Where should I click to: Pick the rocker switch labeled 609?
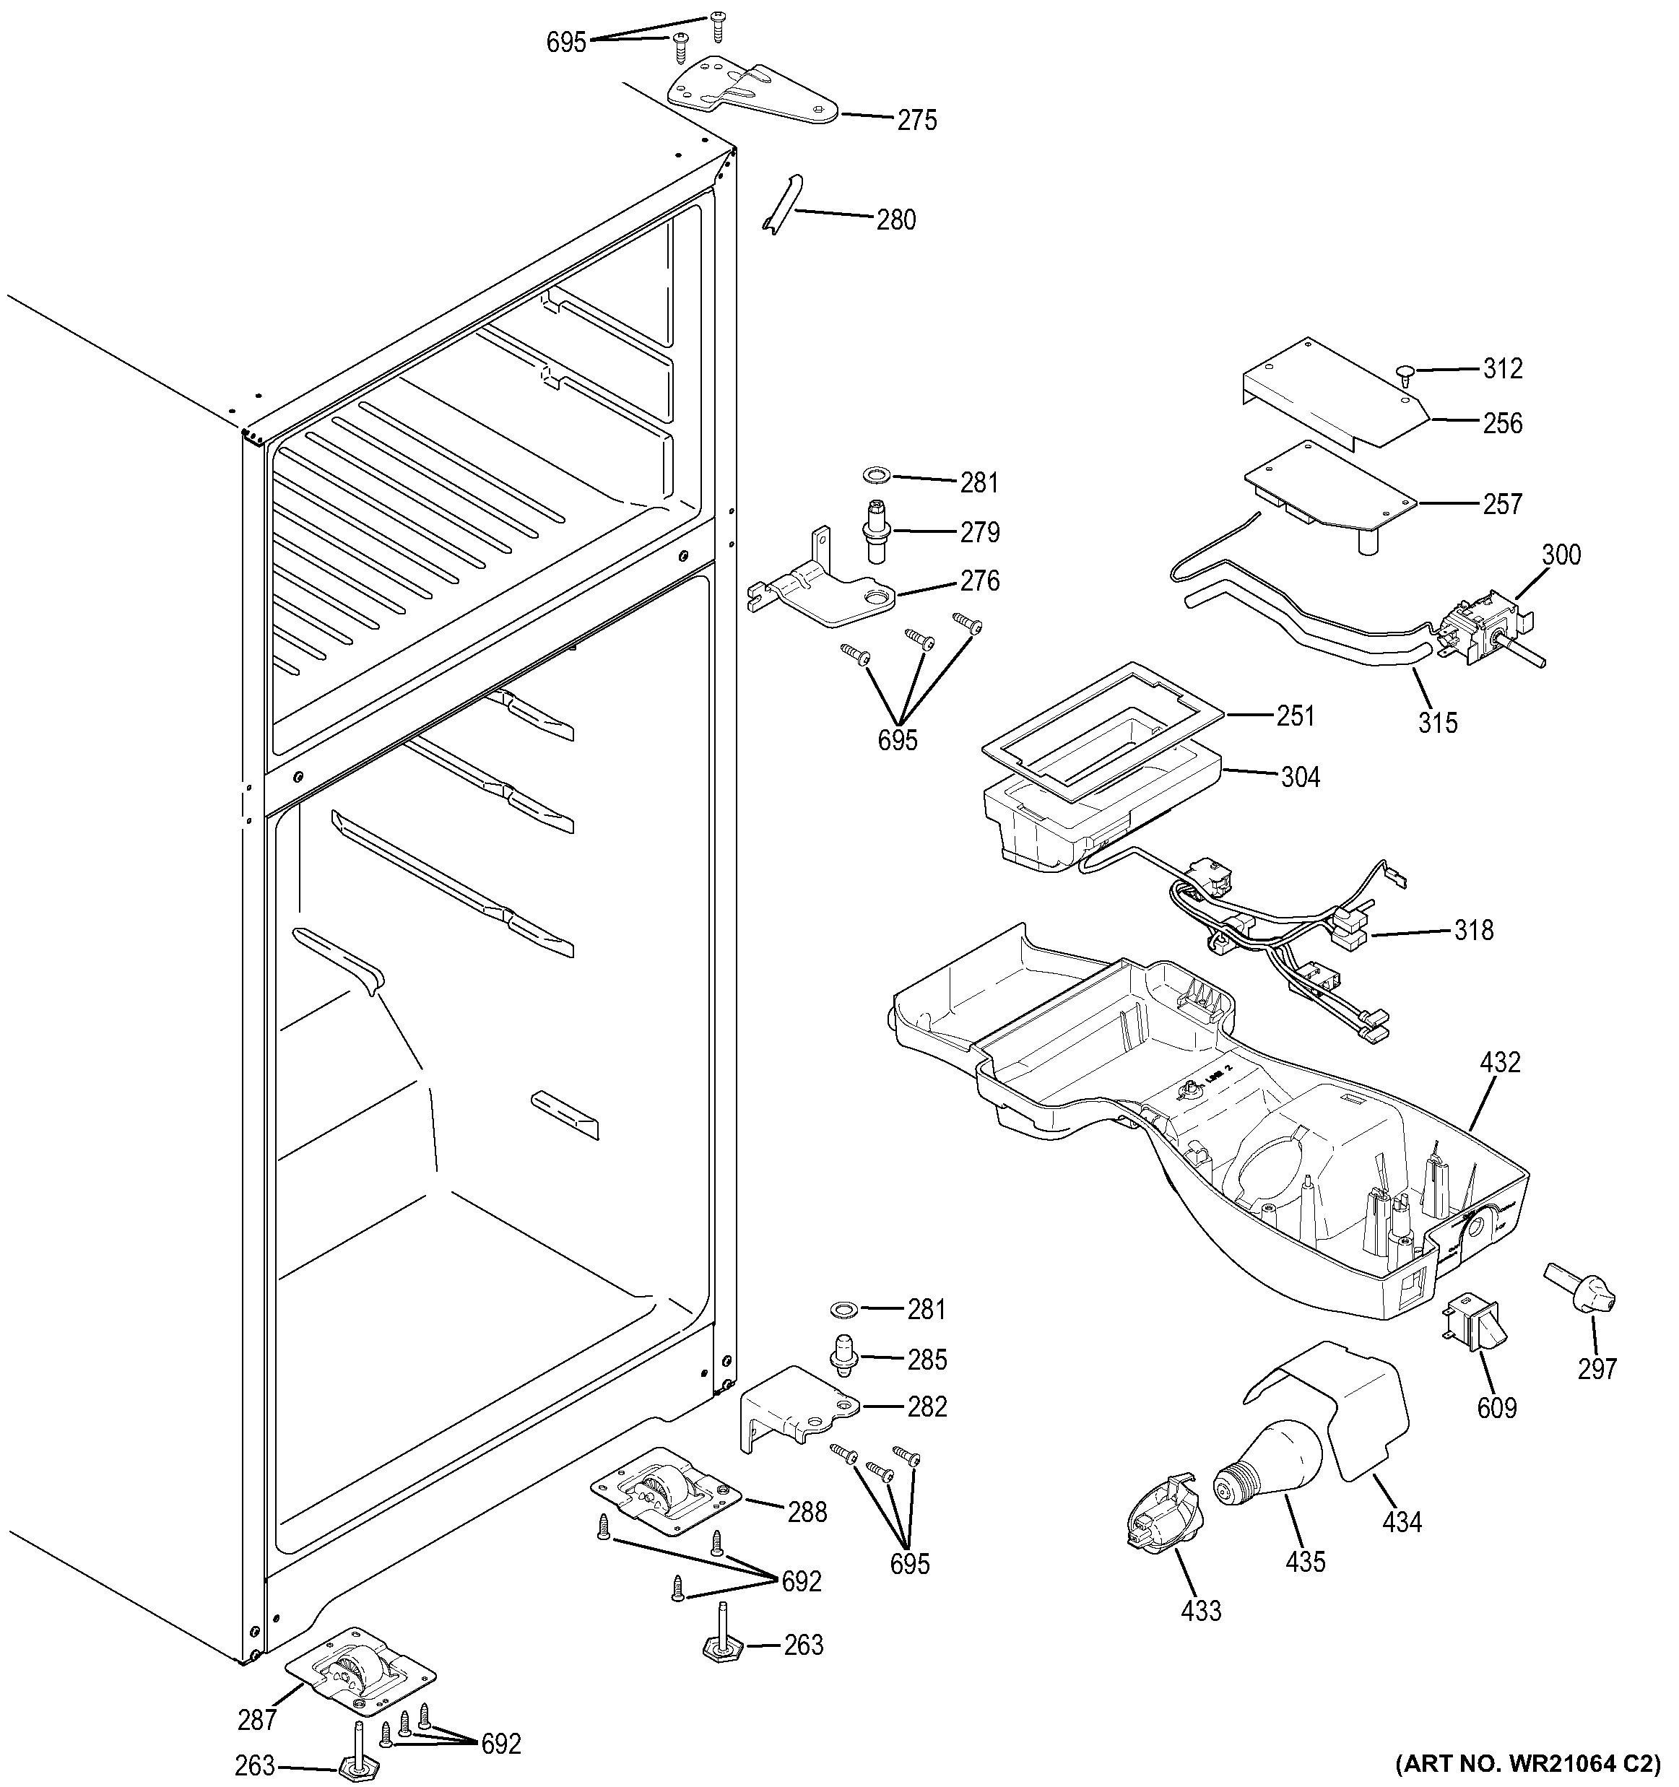[1475, 1343]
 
